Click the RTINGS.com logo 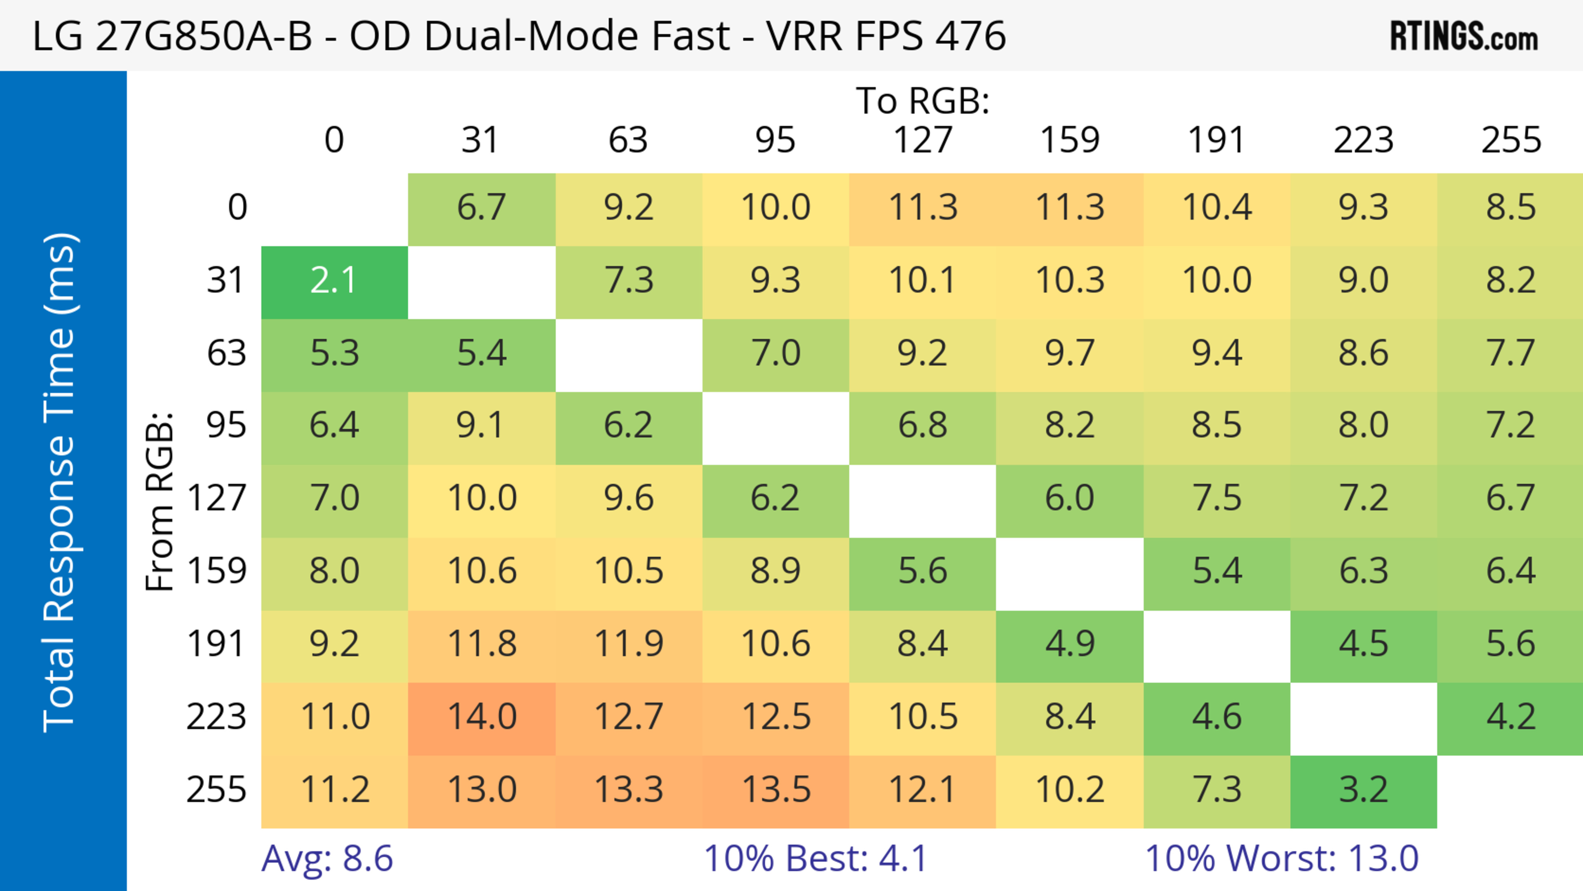coord(1464,37)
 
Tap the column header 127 coord(923,141)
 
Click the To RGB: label coord(923,101)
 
